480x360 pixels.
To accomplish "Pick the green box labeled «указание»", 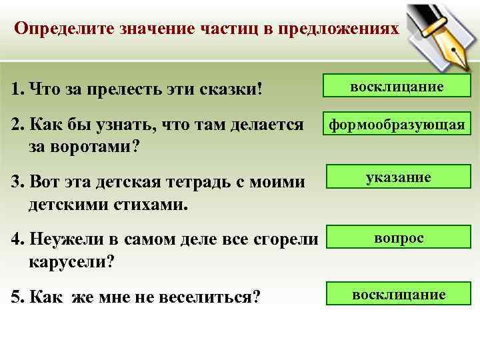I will (x=398, y=177).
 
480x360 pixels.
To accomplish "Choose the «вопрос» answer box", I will (x=398, y=238).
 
